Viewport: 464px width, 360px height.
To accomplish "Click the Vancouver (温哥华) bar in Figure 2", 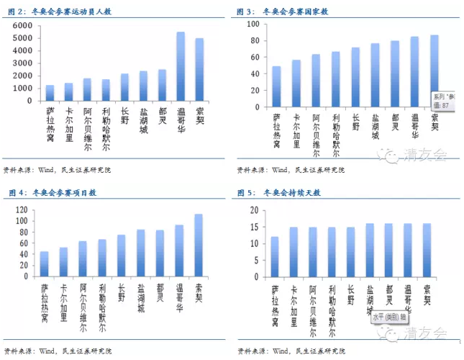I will [x=181, y=66].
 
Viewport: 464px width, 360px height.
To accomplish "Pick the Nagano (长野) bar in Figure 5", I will [x=350, y=253].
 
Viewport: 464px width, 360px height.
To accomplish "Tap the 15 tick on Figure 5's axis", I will [x=254, y=228].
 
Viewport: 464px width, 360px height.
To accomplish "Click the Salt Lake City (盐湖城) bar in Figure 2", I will [x=144, y=86].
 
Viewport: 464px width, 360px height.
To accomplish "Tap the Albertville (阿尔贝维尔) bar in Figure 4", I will [x=83, y=260].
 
